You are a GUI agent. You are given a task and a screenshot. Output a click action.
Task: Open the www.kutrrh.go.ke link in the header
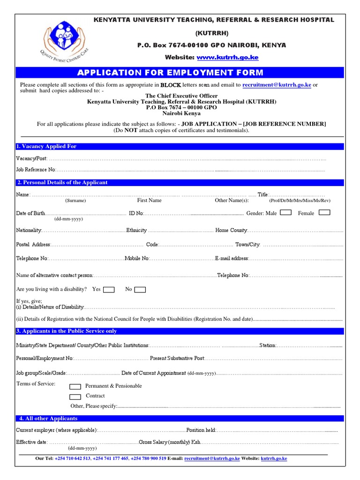[x=227, y=57]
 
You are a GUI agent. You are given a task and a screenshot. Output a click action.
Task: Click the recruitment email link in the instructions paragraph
[x=277, y=85]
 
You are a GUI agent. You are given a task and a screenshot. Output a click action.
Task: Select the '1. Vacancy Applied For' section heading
[x=46, y=147]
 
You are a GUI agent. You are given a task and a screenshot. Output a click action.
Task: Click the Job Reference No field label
[x=36, y=169]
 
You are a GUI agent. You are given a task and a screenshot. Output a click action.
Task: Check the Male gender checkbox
[x=285, y=213]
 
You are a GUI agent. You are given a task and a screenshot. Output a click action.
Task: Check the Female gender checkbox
[x=324, y=213]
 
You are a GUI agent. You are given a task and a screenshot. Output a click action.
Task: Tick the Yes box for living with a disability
[x=109, y=290]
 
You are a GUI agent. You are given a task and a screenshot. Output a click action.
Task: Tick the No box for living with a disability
[x=140, y=290]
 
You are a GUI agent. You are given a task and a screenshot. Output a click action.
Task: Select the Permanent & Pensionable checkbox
[x=75, y=387]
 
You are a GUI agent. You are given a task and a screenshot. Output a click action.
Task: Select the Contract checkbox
[x=75, y=397]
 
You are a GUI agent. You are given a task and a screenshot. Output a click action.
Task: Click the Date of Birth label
[x=30, y=213]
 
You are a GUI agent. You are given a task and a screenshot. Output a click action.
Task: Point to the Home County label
[x=231, y=231]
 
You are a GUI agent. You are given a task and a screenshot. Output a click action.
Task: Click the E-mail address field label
[x=232, y=258]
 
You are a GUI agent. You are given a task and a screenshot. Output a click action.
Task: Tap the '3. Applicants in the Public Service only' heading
[x=67, y=331]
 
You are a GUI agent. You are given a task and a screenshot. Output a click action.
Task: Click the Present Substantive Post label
[x=177, y=358]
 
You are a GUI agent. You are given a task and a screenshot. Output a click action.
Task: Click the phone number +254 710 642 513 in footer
[x=73, y=459]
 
